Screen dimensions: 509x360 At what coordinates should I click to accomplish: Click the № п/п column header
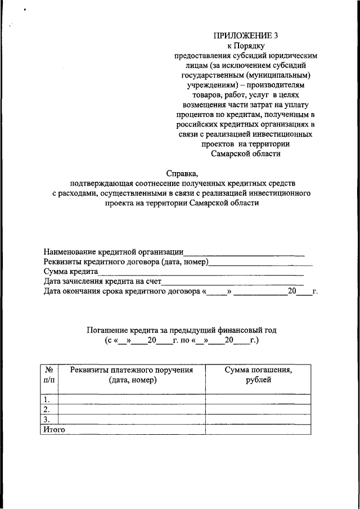click(x=49, y=375)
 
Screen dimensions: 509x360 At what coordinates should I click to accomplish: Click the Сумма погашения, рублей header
click(x=258, y=375)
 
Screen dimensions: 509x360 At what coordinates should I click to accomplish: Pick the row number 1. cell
click(x=49, y=399)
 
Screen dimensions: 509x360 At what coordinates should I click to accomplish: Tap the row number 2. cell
click(x=49, y=409)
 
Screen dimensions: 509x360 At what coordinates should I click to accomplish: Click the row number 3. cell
click(x=49, y=419)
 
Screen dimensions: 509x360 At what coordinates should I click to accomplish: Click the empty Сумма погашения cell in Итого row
click(x=258, y=429)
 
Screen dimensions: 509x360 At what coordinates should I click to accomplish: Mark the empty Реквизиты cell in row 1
click(x=132, y=399)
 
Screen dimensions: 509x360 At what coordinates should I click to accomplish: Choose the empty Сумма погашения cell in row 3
click(x=258, y=419)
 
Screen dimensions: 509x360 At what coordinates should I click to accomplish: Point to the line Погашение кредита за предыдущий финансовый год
click(x=182, y=330)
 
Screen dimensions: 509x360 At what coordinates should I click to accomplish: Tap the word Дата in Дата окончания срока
click(x=53, y=291)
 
